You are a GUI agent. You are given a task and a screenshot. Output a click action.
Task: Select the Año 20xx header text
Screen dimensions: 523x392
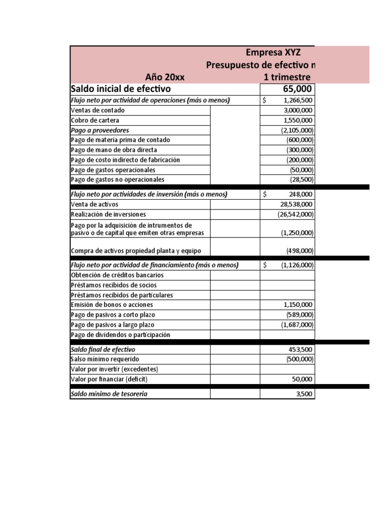pyautogui.click(x=165, y=78)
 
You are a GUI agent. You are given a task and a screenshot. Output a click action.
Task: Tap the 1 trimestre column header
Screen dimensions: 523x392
pyautogui.click(x=286, y=78)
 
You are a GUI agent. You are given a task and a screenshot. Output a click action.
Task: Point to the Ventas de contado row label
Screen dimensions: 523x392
pyautogui.click(x=97, y=110)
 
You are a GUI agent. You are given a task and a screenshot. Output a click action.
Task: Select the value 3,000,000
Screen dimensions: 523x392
pyautogui.click(x=298, y=110)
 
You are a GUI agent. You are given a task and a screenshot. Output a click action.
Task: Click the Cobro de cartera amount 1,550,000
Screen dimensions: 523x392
pyautogui.click(x=298, y=120)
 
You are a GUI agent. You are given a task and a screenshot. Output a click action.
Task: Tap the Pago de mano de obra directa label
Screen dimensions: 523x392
pyautogui.click(x=114, y=150)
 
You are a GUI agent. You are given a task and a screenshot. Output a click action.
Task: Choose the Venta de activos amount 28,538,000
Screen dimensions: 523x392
pyautogui.click(x=297, y=204)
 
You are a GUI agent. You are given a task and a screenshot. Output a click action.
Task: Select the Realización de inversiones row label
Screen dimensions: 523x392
pyautogui.click(x=108, y=215)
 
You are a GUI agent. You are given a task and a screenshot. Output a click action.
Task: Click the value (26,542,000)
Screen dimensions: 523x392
pyautogui.click(x=296, y=215)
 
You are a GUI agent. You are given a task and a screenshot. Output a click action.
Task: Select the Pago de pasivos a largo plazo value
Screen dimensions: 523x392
pyautogui.click(x=297, y=325)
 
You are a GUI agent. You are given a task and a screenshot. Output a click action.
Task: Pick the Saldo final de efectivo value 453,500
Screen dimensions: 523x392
pyautogui.click(x=301, y=350)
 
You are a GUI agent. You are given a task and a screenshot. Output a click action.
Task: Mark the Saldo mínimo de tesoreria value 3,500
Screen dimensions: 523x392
pyautogui.click(x=305, y=394)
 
